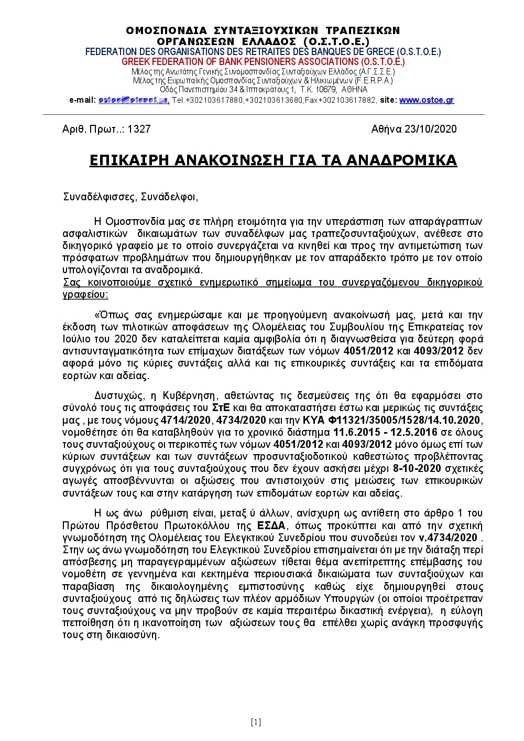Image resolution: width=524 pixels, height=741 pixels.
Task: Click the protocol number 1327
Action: tap(139, 130)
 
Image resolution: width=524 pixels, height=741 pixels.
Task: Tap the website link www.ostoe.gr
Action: tap(427, 100)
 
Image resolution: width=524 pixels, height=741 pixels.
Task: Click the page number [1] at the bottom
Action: tap(256, 722)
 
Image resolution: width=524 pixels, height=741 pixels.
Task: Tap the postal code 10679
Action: tap(326, 90)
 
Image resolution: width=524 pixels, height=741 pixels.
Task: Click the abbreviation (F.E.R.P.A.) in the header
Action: tap(374, 81)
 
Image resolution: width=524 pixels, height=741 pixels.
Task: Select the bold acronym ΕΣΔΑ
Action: tap(271, 525)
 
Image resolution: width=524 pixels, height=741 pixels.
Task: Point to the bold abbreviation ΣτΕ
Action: tap(221, 408)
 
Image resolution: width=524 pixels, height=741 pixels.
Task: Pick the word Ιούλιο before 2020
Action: tap(76, 339)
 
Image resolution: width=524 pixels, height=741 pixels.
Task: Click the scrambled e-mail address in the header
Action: tap(133, 100)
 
